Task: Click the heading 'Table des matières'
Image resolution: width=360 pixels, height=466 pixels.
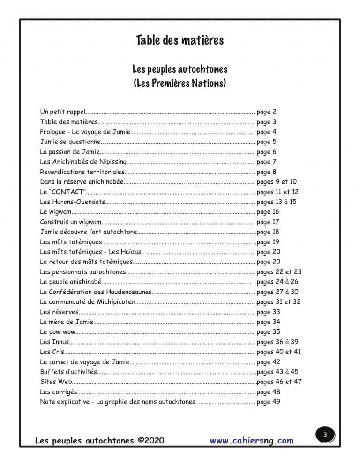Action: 180,40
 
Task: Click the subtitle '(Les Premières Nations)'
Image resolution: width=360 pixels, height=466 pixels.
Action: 180,84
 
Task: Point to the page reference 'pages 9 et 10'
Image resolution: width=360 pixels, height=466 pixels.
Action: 277,181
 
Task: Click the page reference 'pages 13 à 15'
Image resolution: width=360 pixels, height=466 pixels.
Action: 277,202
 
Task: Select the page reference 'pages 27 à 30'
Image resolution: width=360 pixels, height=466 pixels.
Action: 277,292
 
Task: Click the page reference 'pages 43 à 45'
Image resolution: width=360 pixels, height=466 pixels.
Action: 278,372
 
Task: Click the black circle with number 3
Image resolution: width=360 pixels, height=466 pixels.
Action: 324,436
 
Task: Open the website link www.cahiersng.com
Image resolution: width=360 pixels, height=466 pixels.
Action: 251,441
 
